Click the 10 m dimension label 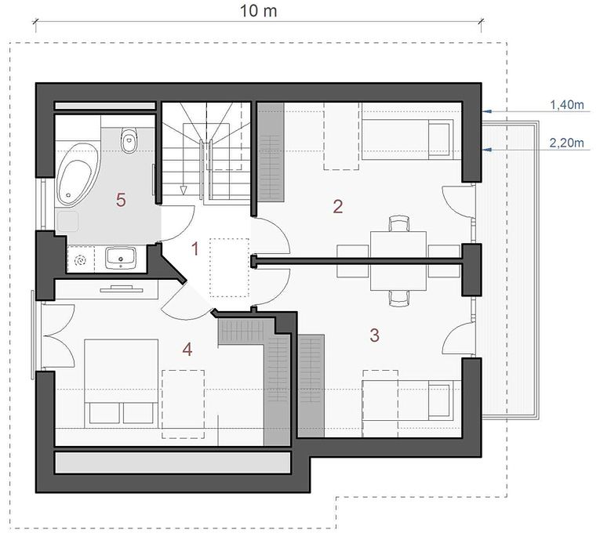pos(258,11)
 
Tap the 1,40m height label pos(567,104)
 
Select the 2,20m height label pos(567,143)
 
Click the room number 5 pos(121,200)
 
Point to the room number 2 pos(338,206)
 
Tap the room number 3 pos(375,335)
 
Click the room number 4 pos(187,349)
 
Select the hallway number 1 pos(195,249)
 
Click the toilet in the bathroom pos(129,140)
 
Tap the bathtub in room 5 pos(78,176)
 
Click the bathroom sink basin pos(121,257)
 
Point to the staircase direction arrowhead pos(184,190)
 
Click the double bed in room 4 pos(122,383)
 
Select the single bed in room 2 pos(408,140)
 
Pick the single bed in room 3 pos(408,401)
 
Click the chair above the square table pos(399,223)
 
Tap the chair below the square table pos(399,298)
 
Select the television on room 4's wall pos(122,288)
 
